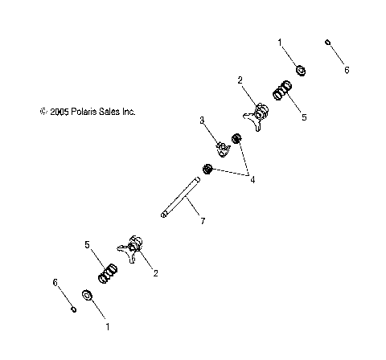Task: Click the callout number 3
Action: click(x=203, y=120)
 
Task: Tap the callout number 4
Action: click(x=253, y=179)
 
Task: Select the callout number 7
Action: click(x=202, y=220)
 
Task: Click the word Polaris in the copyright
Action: click(x=89, y=112)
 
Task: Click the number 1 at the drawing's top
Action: click(x=280, y=40)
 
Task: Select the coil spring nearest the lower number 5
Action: click(x=106, y=273)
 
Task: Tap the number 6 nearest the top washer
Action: click(x=347, y=70)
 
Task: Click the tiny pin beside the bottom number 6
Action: click(x=72, y=308)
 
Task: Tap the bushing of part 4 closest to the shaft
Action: click(x=207, y=169)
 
